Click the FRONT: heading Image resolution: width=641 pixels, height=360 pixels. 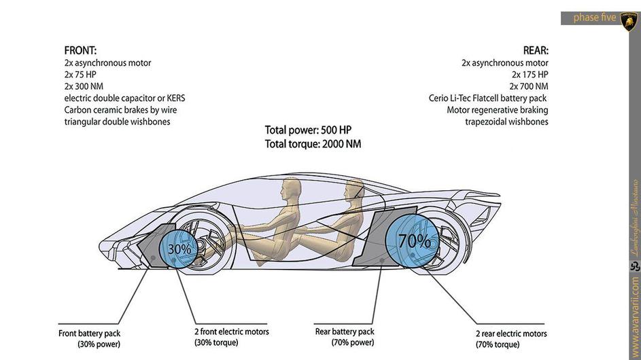80,50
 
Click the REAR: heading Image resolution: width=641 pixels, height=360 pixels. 536,50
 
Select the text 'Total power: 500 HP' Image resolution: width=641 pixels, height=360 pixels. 308,130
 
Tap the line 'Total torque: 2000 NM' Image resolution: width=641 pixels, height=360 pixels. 313,143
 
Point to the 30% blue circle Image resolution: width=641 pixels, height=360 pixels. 179,249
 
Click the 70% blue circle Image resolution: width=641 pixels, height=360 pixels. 414,240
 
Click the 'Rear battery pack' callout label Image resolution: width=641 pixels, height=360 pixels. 345,331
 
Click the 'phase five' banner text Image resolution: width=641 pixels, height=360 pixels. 595,18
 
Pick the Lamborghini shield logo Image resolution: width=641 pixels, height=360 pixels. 628,20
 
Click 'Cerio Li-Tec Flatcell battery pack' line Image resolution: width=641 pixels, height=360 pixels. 487,98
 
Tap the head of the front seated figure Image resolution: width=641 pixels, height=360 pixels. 292,187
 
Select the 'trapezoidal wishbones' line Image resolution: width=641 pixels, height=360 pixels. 506,122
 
